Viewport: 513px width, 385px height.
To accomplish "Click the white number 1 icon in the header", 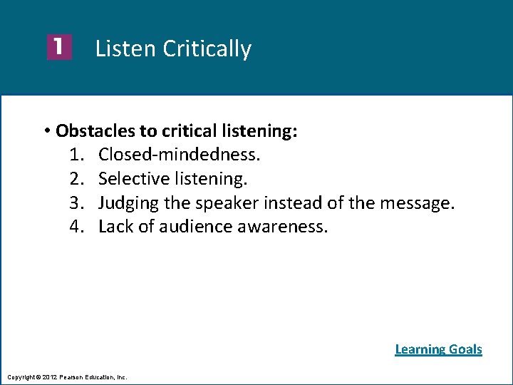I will click(59, 48).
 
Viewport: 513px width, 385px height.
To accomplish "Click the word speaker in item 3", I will click(226, 203).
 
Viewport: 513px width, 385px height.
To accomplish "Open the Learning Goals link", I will click(438, 349).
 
